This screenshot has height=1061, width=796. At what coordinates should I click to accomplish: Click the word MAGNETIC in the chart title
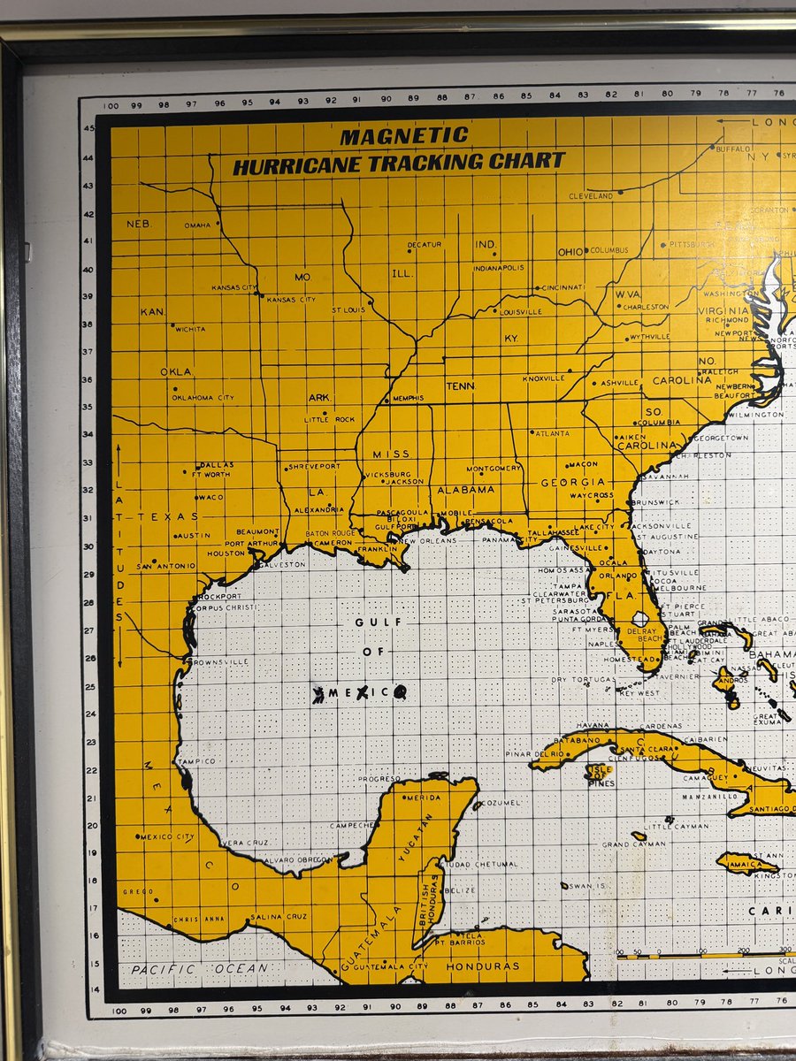(404, 137)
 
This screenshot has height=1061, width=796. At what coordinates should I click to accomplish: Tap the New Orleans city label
(428, 540)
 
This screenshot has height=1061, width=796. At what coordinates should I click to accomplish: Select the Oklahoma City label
(203, 398)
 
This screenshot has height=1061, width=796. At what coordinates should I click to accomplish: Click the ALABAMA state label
(465, 490)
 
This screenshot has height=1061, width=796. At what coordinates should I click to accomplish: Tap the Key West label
(639, 693)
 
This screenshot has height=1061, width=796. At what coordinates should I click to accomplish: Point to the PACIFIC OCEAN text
(199, 969)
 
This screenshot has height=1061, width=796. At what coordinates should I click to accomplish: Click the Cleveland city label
(591, 195)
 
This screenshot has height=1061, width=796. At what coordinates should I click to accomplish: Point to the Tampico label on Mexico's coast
(196, 760)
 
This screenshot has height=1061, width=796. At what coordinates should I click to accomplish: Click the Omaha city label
(197, 225)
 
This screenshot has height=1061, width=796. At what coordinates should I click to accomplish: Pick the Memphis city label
(408, 399)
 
